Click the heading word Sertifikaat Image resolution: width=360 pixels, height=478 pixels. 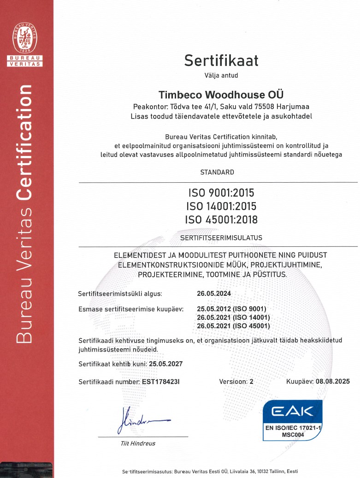point(221,60)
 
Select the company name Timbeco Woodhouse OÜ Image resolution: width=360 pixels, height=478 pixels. point(221,95)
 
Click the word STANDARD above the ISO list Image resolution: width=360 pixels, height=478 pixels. point(217,172)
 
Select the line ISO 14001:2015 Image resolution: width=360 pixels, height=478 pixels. point(221,206)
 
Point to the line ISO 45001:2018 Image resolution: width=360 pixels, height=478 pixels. point(221,220)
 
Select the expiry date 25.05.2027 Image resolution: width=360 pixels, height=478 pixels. point(165,364)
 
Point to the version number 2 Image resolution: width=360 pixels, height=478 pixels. point(251,382)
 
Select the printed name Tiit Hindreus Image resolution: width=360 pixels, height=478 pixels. point(138,443)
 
